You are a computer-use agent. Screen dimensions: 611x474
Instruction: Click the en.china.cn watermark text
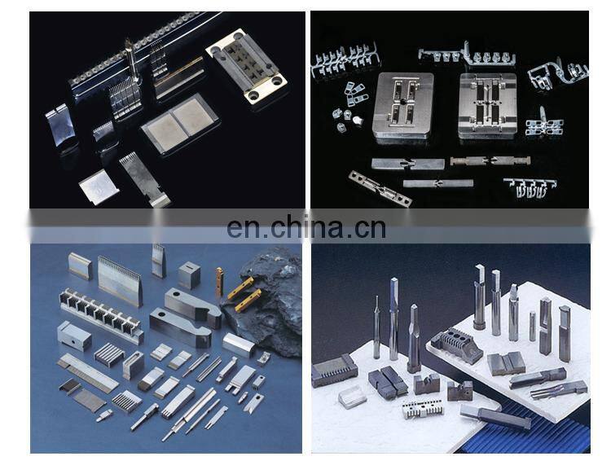click(x=305, y=227)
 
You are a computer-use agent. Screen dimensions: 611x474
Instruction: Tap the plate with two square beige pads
click(x=180, y=123)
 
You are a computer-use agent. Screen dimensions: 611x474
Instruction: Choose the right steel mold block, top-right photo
click(x=488, y=106)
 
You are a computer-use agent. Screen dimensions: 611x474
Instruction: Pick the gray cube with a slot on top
click(x=189, y=276)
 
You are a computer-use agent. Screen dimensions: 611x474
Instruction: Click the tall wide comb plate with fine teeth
click(x=120, y=280)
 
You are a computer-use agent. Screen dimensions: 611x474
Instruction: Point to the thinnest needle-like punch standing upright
click(x=376, y=327)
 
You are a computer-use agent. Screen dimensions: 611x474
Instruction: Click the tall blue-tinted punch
click(x=393, y=316)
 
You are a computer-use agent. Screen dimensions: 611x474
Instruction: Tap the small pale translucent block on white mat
click(x=352, y=397)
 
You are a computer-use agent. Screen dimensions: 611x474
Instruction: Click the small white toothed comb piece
click(x=418, y=409)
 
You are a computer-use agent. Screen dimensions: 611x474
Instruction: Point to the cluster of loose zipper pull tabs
click(x=349, y=105)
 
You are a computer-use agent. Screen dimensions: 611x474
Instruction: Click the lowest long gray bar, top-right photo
click(x=438, y=183)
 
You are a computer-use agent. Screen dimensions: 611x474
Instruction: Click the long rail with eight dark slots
click(x=101, y=314)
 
